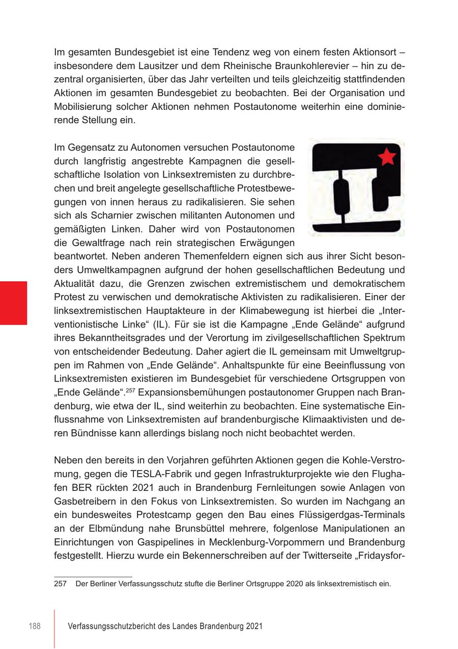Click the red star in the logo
[x=387, y=157]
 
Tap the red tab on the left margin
[x=13, y=303]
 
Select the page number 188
[x=34, y=627]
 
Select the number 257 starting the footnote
[x=60, y=583]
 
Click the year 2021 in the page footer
[x=253, y=627]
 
